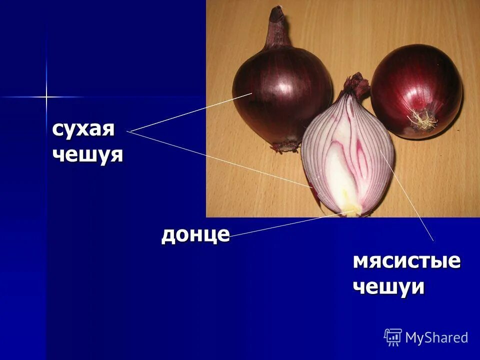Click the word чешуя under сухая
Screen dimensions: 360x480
click(87, 154)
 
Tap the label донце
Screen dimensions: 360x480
click(195, 234)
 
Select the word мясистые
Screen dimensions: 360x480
click(406, 261)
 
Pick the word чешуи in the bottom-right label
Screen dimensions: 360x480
click(388, 287)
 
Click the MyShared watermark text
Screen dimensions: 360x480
click(436, 337)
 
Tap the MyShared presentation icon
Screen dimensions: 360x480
click(393, 337)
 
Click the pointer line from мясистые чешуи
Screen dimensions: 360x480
click(407, 195)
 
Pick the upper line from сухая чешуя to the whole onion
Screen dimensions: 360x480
click(190, 112)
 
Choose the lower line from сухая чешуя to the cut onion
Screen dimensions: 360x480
click(220, 158)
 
